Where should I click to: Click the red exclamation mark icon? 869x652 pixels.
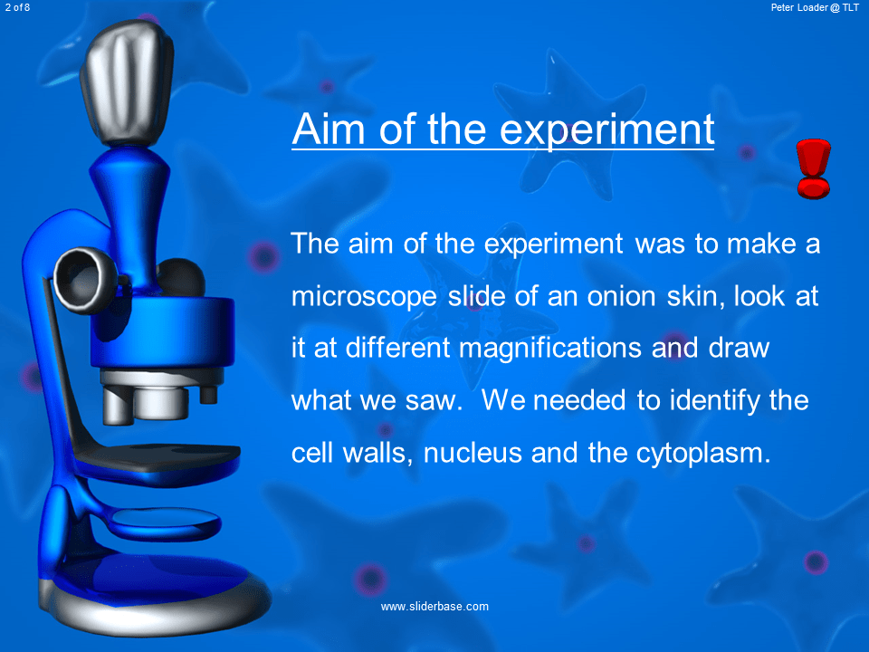click(813, 168)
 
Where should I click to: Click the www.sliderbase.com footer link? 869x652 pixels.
click(434, 606)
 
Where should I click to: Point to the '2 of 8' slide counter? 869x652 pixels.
click(17, 7)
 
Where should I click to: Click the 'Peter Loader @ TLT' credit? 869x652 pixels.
click(816, 7)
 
